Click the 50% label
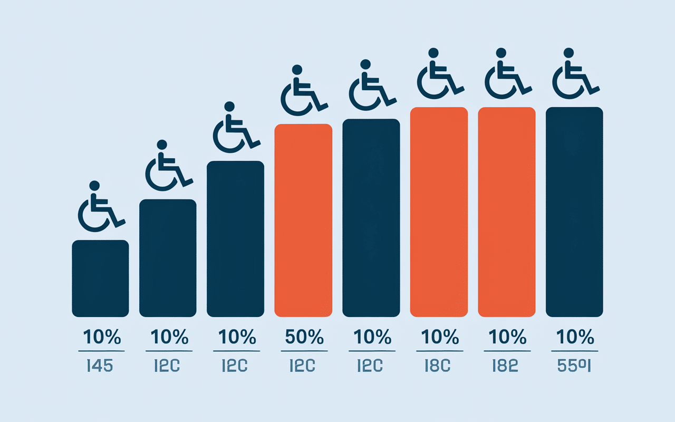303,337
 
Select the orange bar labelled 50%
303,220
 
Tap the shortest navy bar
100,279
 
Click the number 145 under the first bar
100,366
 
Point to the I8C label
439,366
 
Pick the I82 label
506,366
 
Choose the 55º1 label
574,366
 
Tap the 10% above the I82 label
506,337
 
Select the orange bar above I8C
439,212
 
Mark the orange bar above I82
506,212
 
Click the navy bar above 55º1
574,212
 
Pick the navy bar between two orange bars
371,218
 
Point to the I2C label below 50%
303,366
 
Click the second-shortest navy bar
168,258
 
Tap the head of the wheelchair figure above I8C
433,53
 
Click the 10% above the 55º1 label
574,337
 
